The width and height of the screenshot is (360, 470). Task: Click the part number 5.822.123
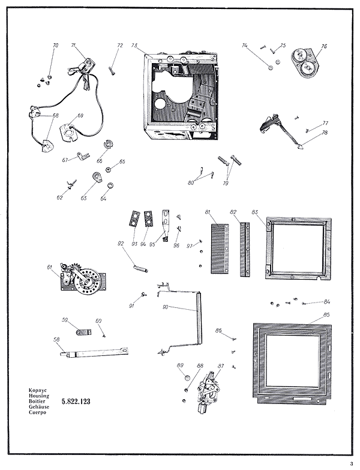76,401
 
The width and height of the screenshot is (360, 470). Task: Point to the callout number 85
327,314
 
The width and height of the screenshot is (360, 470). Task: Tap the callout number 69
80,115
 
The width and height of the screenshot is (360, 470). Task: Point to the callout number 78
324,133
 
